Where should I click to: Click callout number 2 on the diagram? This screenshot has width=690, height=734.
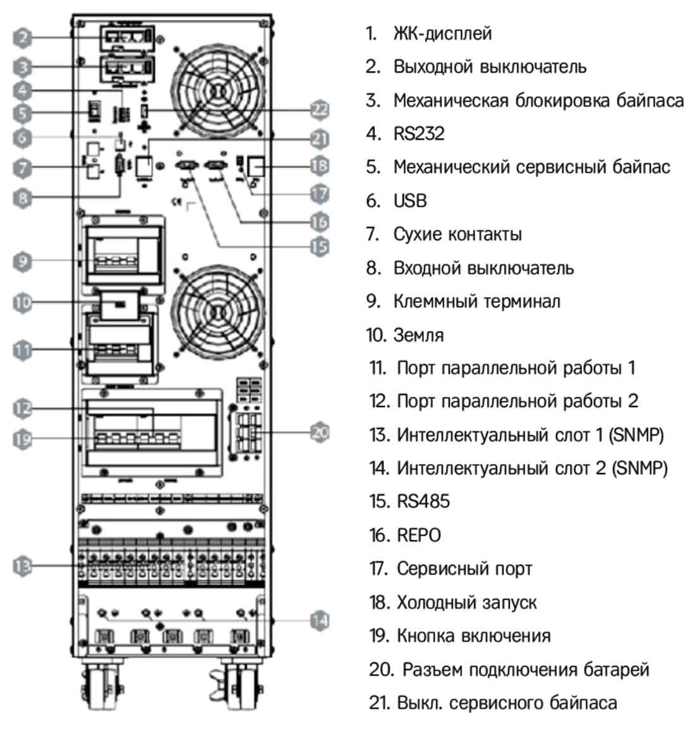pos(23,37)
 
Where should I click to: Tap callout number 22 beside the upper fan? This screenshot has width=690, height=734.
pos(320,109)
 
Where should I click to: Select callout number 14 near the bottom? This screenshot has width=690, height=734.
pos(320,620)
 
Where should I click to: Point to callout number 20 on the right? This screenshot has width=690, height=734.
pos(320,432)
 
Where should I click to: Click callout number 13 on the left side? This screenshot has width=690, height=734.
pos(23,565)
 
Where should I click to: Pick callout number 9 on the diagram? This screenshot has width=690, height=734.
pos(23,260)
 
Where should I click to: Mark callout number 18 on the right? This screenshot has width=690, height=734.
pos(320,166)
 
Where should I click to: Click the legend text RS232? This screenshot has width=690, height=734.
pos(418,133)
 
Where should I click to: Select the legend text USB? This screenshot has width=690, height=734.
pos(410,200)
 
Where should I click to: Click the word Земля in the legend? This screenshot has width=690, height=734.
pos(418,334)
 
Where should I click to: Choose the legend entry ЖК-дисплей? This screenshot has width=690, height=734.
pos(442,33)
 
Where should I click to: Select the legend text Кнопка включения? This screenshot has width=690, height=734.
pos(473,635)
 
